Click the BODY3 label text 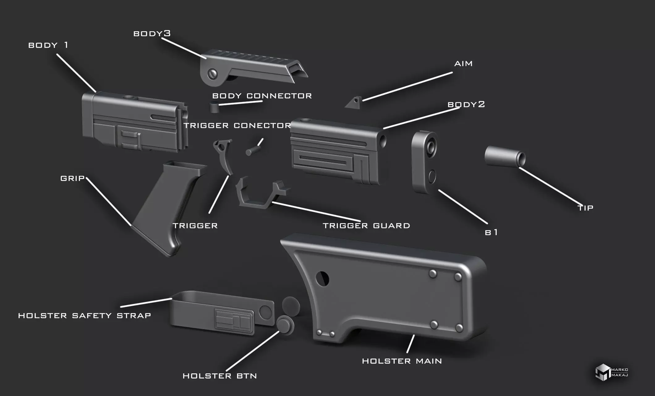pyautogui.click(x=152, y=33)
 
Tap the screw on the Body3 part pyautogui.click(x=213, y=74)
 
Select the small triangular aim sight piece pyautogui.click(x=353, y=102)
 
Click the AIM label pyautogui.click(x=463, y=63)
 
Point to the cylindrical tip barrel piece pyautogui.click(x=505, y=157)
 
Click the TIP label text pyautogui.click(x=585, y=208)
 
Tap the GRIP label pyautogui.click(x=72, y=178)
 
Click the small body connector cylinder pyautogui.click(x=214, y=107)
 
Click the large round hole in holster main pyautogui.click(x=322, y=279)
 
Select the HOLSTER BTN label pyautogui.click(x=220, y=376)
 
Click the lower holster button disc pyautogui.click(x=285, y=325)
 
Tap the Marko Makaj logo pyautogui.click(x=611, y=372)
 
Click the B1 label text pyautogui.click(x=491, y=232)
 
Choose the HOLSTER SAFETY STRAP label pyautogui.click(x=84, y=316)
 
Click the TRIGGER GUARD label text pyautogui.click(x=366, y=226)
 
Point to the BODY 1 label pyautogui.click(x=48, y=45)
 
